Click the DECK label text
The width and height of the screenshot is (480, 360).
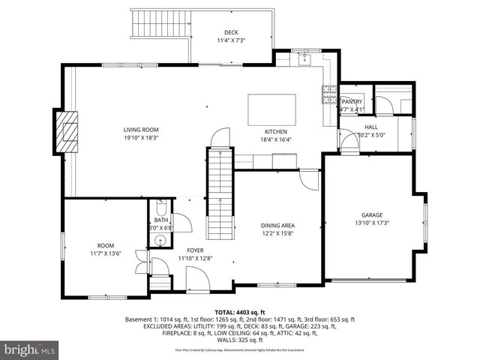tap(231, 31)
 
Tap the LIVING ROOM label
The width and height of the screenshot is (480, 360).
tap(141, 130)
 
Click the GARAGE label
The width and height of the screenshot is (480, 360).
tap(372, 214)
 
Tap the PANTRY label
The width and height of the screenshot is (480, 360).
tap(352, 102)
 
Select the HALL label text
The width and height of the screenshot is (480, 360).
tap(370, 127)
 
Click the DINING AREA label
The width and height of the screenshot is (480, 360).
tap(277, 225)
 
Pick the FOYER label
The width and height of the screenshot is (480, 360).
tap(195, 250)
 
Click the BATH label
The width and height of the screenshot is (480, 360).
tap(161, 220)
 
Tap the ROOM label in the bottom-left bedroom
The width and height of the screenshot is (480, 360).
tap(105, 246)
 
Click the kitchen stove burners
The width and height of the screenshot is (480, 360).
tap(329, 93)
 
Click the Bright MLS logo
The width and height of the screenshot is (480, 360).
tap(30, 349)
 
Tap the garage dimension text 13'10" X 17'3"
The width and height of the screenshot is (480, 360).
tap(372, 223)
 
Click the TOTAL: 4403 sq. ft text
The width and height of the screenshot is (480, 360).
tap(240, 312)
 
